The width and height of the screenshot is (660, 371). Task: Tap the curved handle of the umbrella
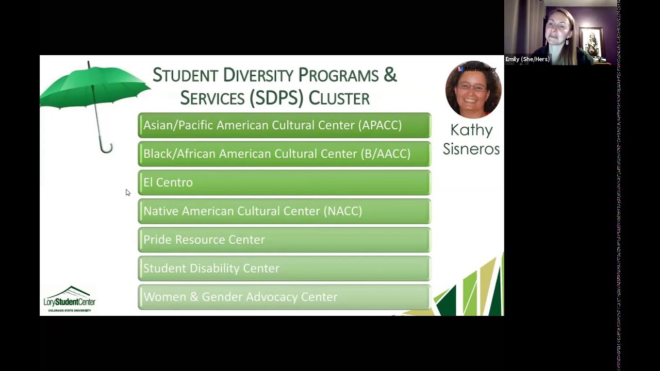(x=107, y=148)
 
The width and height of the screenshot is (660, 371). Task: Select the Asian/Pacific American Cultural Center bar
(x=284, y=125)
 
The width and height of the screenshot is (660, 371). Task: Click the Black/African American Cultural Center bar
(x=284, y=154)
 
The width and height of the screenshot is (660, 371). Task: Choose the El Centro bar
(x=284, y=182)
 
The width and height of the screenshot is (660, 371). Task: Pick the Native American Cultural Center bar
(x=284, y=211)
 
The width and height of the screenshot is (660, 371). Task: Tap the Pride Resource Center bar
(x=284, y=240)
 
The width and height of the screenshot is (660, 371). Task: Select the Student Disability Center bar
(x=284, y=268)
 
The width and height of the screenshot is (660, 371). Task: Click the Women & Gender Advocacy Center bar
(x=284, y=297)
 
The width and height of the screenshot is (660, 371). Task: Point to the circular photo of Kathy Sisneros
(x=473, y=90)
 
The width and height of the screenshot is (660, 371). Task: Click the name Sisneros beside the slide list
(x=471, y=149)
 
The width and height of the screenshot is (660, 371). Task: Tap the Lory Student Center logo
(x=70, y=299)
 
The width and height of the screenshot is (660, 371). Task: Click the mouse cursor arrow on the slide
(x=127, y=192)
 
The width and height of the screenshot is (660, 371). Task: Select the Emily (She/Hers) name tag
(x=527, y=59)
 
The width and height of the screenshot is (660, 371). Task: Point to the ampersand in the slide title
(x=390, y=75)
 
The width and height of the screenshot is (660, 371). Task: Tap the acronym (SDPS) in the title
(x=276, y=98)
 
